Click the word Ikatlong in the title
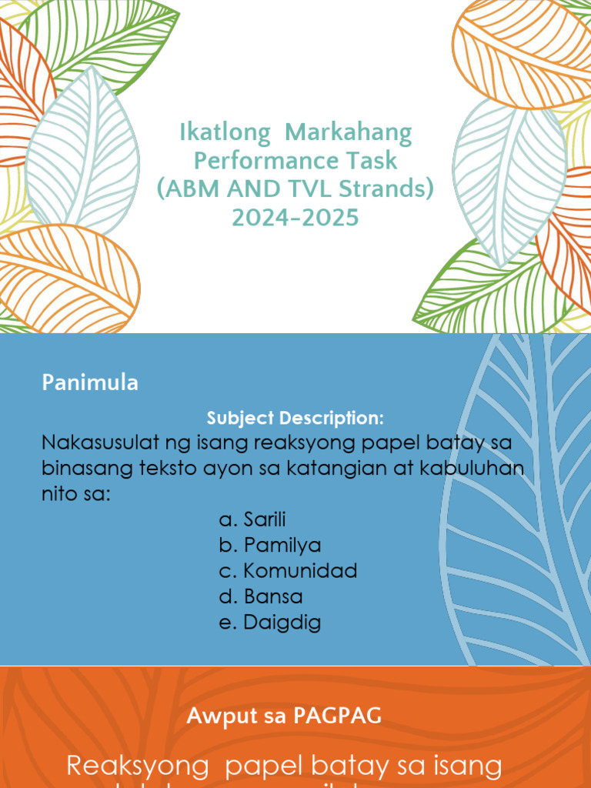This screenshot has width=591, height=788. pos(225,133)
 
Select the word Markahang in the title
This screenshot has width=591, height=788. pos(349,133)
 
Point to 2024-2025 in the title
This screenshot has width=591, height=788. pos(295,218)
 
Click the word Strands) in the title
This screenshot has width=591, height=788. pos(392,189)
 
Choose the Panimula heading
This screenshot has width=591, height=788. pos(90,382)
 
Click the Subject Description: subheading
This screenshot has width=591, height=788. pos(295,419)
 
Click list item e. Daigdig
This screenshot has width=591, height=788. pos(269,622)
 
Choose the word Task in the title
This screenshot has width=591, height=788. pos(372,161)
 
